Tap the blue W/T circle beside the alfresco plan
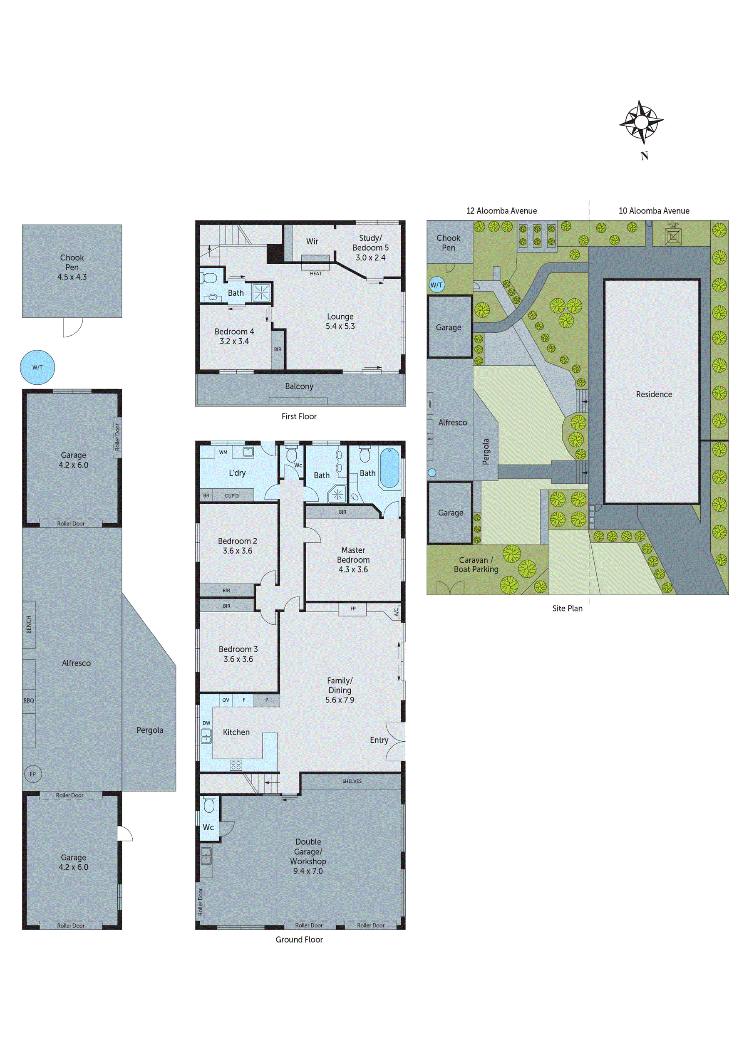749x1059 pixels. (x=37, y=367)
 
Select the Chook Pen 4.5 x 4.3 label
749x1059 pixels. (x=72, y=267)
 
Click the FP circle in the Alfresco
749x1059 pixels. (x=33, y=774)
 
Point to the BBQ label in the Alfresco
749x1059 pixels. (x=29, y=700)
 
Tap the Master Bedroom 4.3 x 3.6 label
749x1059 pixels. (x=353, y=559)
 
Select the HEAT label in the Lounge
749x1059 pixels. (x=316, y=274)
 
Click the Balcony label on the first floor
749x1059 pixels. (x=299, y=386)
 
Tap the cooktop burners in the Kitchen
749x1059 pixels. (x=236, y=765)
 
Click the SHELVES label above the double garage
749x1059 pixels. (x=352, y=781)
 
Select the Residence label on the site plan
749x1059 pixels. (x=653, y=394)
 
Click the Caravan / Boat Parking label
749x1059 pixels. (x=476, y=564)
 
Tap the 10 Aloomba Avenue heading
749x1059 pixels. (x=653, y=211)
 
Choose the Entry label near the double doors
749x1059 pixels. (x=379, y=740)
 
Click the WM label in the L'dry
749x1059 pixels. (x=223, y=453)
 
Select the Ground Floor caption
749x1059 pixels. (x=299, y=940)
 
